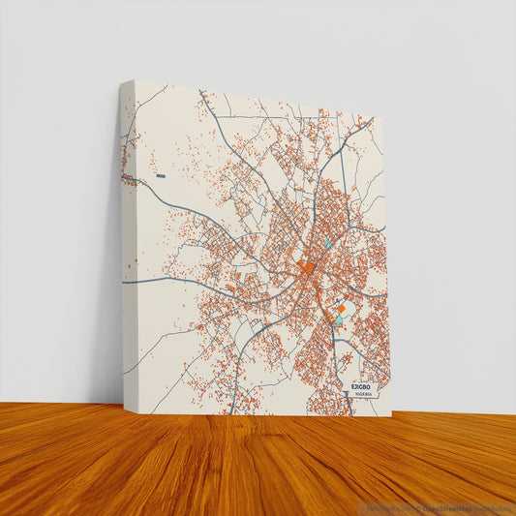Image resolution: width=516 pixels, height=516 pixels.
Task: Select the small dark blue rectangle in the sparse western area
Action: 161,176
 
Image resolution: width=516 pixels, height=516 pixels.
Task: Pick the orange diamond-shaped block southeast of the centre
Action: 341,307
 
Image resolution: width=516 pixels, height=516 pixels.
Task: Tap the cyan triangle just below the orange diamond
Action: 339,319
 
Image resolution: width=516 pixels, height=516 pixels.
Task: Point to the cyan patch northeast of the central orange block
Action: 329,244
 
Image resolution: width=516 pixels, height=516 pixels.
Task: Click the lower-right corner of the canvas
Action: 391,415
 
